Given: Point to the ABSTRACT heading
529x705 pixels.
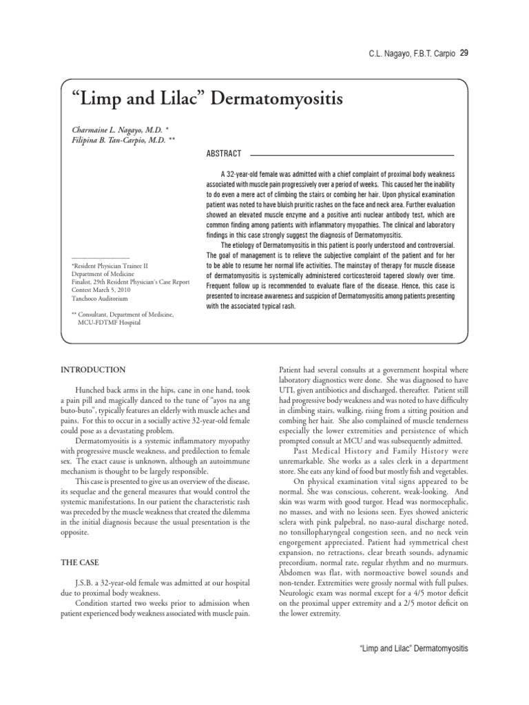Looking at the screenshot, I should click(223, 154).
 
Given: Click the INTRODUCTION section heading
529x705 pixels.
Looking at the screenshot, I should click(93, 370).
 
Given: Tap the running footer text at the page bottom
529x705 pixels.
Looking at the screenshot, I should click(414, 649).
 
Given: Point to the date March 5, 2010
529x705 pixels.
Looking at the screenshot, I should click(120, 291).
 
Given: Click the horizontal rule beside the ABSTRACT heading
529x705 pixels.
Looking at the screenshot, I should click(351, 154).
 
